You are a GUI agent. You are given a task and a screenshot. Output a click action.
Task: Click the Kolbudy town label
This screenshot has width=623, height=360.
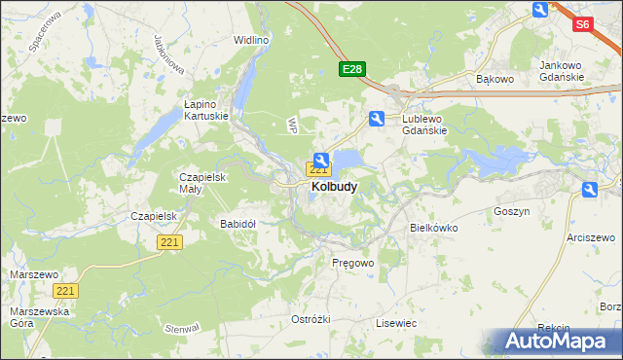click(334, 186)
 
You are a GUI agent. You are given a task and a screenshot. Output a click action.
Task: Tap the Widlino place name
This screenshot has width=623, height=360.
click(250, 40)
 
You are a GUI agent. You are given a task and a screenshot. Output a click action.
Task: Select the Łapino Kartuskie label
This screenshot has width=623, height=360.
click(206, 108)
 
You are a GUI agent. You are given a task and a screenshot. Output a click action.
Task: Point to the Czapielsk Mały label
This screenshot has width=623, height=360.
click(202, 183)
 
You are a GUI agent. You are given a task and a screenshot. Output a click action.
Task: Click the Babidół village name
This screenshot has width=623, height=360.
click(238, 223)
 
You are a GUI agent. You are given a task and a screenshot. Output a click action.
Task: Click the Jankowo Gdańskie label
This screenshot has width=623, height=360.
click(561, 71)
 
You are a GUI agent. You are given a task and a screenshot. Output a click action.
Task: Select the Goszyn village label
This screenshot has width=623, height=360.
click(511, 211)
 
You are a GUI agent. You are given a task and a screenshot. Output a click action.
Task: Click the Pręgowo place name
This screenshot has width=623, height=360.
click(352, 263)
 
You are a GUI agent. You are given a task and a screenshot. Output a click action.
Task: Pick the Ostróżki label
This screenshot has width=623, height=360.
click(311, 319)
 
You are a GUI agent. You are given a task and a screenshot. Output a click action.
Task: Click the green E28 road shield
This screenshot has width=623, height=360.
click(351, 69)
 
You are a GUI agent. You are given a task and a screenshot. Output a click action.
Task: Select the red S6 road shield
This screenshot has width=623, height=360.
click(583, 25)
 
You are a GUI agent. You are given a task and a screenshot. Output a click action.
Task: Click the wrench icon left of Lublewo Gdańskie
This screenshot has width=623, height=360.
click(377, 119)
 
